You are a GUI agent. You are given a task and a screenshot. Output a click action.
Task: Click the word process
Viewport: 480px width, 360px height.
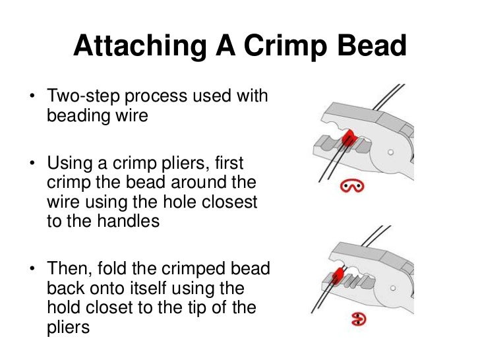point(160,96)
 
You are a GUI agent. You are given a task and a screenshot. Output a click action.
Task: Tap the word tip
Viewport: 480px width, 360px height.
point(208,308)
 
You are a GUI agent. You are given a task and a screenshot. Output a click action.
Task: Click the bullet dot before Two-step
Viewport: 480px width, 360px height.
point(31,97)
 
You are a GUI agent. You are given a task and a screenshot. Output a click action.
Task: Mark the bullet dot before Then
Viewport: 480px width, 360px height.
point(31,270)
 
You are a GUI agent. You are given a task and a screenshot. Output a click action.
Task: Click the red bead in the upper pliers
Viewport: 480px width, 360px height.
point(349,136)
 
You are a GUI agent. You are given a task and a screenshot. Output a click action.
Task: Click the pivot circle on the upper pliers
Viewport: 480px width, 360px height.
point(392,151)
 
